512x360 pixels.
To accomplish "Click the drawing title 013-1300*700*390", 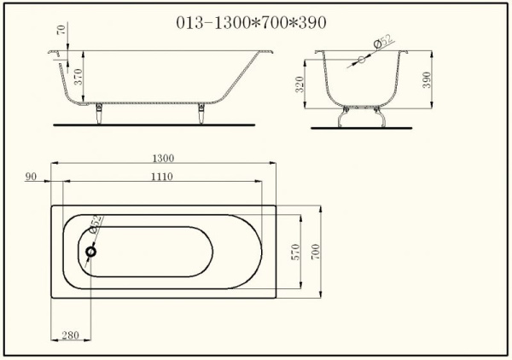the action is [251, 23].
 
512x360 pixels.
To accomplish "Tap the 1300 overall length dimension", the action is [163, 159].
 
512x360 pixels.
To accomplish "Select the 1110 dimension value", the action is [161, 177].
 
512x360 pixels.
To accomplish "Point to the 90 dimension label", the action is [31, 177].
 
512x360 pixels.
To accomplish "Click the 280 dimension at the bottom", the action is [70, 335].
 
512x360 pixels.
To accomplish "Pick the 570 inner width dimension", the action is [295, 252].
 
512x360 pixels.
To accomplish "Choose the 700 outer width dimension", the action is [316, 252].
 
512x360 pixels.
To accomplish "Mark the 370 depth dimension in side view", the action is [78, 77].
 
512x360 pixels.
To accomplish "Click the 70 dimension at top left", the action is [61, 29].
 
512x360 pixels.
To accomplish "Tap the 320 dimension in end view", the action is [300, 84].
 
